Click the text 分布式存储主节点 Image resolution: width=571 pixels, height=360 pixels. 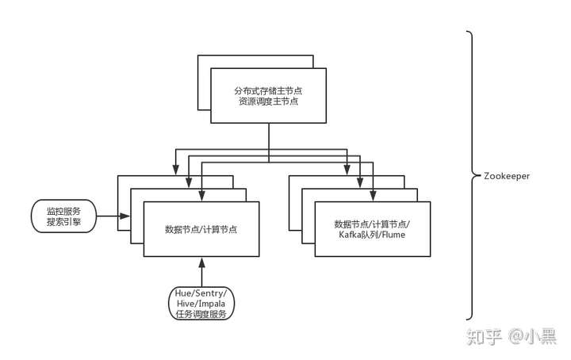[269, 89]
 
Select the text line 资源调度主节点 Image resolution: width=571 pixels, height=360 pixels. [269, 101]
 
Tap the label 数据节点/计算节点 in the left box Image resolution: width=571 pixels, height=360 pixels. [201, 230]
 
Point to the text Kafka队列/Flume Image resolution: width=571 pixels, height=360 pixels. [373, 235]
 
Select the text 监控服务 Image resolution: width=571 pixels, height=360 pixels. [63, 211]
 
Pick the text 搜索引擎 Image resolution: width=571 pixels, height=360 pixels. [63, 223]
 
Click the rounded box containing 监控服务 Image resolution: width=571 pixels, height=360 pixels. [63, 216]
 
